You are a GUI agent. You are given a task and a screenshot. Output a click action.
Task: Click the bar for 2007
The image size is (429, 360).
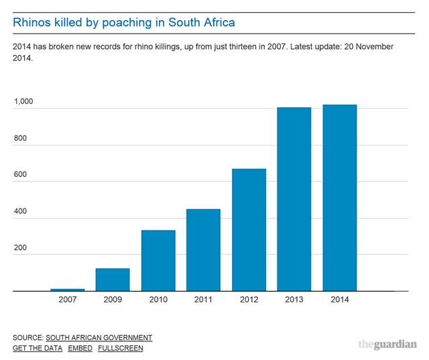(68, 290)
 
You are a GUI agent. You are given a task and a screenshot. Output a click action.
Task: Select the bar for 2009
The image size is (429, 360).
(113, 280)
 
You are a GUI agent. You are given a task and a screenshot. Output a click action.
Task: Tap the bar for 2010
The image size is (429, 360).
(158, 261)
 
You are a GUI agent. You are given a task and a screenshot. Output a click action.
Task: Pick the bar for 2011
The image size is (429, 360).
(203, 250)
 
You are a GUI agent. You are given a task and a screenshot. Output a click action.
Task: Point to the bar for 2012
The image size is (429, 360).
(249, 230)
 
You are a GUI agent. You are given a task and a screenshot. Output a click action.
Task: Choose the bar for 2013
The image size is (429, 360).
(294, 199)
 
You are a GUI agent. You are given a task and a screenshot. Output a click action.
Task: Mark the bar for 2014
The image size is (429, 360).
(339, 198)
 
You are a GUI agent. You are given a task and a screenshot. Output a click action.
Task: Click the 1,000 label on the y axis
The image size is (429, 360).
(23, 102)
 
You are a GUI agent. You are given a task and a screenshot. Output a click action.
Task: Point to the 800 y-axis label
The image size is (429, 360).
(20, 139)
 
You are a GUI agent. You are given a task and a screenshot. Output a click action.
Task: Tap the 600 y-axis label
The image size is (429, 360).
(20, 175)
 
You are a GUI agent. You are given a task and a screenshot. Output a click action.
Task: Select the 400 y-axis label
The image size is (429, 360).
(20, 212)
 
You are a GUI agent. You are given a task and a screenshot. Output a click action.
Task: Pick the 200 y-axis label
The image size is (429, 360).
(20, 248)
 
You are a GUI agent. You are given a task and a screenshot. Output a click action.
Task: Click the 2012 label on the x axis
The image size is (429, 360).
(249, 300)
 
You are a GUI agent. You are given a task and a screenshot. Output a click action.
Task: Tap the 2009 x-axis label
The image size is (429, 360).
(113, 300)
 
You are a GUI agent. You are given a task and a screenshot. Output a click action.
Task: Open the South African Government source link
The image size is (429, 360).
(99, 337)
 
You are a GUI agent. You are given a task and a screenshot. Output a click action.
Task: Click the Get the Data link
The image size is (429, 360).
(38, 348)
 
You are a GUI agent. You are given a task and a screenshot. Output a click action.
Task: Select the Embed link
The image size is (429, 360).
(80, 348)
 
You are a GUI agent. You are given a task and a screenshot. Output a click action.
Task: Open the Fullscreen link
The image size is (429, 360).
(120, 348)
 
